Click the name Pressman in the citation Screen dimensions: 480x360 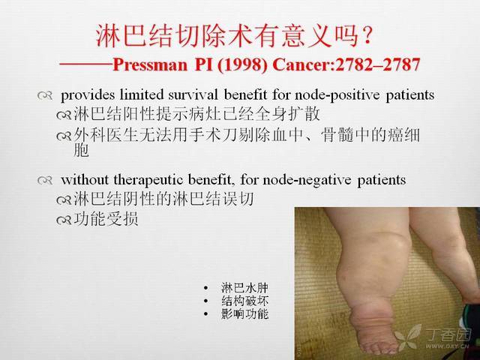[150, 64]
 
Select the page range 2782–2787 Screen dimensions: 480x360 [377, 64]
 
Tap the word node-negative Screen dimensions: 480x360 [307, 180]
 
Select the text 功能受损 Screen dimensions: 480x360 [106, 219]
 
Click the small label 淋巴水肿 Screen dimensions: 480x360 [244, 288]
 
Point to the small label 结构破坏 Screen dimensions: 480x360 [244, 301]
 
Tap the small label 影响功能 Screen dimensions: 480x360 [244, 314]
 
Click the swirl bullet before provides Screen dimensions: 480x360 [45, 95]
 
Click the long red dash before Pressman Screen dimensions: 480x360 [85, 64]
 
